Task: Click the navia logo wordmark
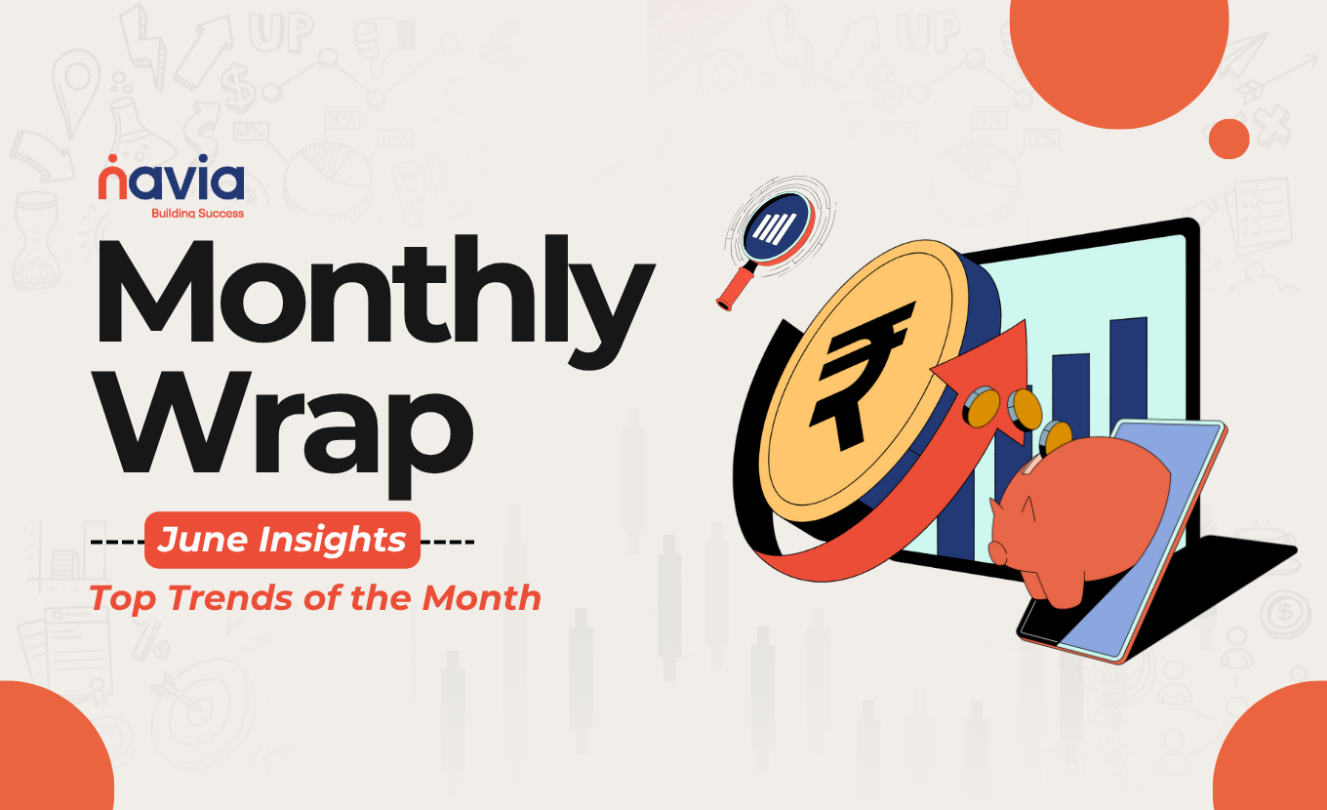[171, 178]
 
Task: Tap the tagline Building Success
[197, 214]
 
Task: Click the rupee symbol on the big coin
[858, 375]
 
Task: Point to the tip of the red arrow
[1025, 320]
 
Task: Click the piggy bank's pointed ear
[1027, 506]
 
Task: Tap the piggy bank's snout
[997, 553]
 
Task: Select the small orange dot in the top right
[1228, 139]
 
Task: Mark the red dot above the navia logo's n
[112, 158]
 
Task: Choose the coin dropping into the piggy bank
[1055, 437]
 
